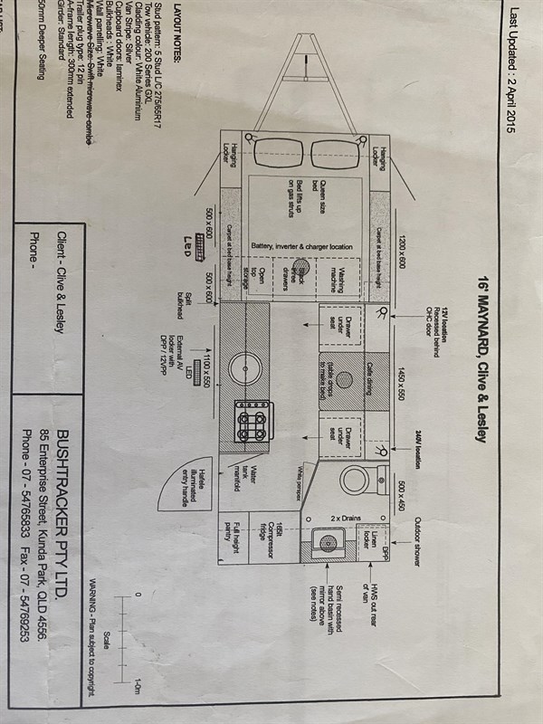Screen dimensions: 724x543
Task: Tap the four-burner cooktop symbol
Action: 252,421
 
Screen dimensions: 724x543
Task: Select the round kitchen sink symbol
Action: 244,372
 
